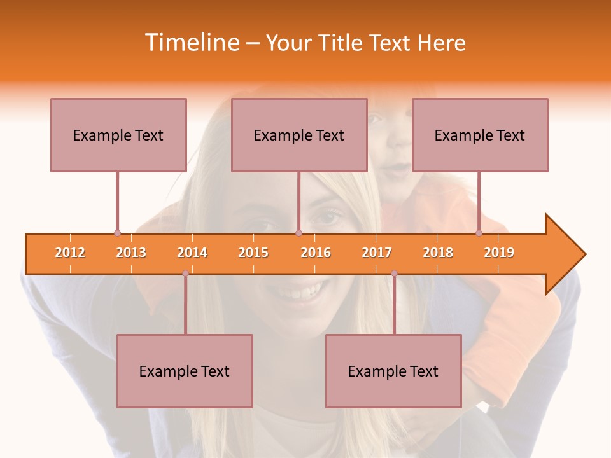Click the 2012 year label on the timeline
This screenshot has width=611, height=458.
pos(70,253)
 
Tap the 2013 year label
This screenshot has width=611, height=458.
pos(131,253)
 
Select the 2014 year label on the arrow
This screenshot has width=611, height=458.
pos(192,253)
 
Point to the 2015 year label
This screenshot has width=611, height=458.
pos(253,253)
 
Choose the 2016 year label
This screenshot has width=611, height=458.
pos(316,253)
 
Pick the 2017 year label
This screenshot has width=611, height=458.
pos(377,253)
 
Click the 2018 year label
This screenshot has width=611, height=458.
pos(438,253)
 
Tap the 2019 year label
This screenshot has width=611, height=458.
pos(499,253)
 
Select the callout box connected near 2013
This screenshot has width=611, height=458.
pos(118,135)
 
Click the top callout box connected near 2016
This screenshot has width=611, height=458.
pos(299,135)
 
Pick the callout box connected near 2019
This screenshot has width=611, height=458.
pos(480,135)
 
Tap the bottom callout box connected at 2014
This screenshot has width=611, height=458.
pos(185,371)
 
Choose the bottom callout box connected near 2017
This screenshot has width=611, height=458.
pos(393,371)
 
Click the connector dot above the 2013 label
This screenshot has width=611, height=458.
pos(117,233)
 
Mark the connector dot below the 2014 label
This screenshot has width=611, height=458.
pos(185,274)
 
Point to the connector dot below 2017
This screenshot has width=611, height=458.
pos(394,274)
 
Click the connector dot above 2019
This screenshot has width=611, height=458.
pos(479,233)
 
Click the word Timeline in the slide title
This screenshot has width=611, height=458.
pos(192,43)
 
